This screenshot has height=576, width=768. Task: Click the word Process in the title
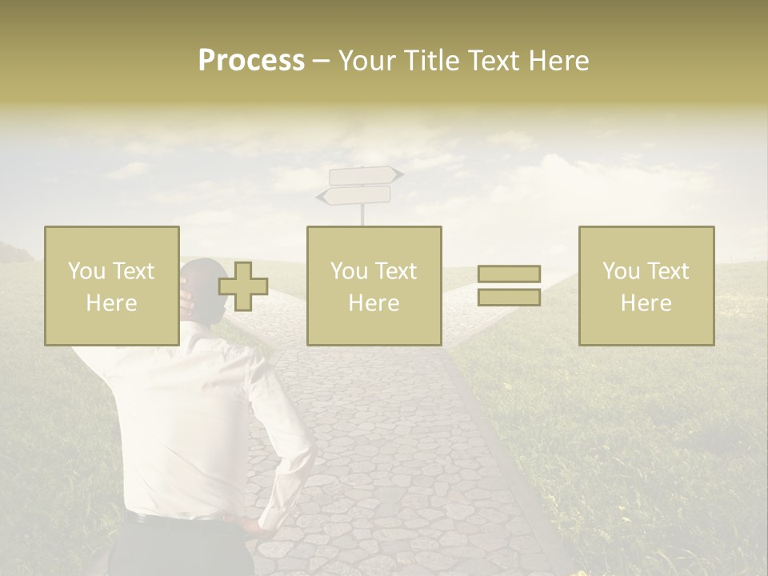tap(251, 61)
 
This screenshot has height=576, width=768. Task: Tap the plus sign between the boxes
tap(243, 286)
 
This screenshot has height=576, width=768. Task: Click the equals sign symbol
tap(509, 286)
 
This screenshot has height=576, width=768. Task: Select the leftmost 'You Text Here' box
tap(111, 286)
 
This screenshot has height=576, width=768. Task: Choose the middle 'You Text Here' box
tap(374, 286)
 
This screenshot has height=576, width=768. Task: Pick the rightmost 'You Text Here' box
tap(646, 286)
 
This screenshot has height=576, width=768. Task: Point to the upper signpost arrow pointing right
tap(365, 175)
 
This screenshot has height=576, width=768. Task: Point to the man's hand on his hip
tap(261, 524)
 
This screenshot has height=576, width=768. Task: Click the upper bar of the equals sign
tap(509, 274)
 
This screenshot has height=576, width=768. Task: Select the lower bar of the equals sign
tap(509, 298)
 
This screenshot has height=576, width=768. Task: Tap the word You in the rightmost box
tap(620, 271)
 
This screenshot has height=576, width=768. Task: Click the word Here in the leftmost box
tap(111, 303)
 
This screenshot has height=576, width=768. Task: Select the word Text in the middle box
tap(395, 271)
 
